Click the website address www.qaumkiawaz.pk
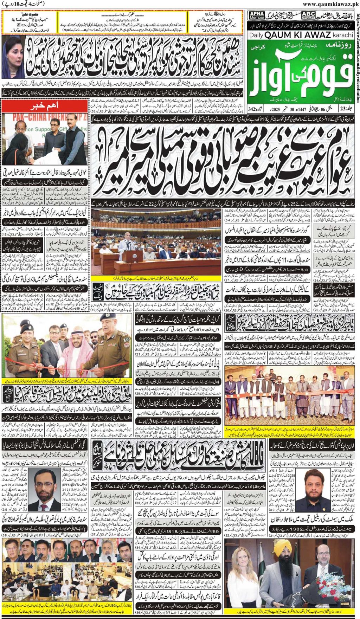coord(330,4)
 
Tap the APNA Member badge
coord(257,15)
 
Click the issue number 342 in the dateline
coord(252,109)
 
